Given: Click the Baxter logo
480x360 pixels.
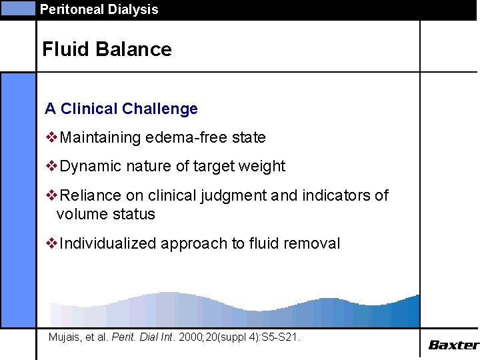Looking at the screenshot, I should point(453,345).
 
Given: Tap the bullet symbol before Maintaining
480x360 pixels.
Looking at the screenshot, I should point(51,137).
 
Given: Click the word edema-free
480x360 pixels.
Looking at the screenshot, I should point(195,138).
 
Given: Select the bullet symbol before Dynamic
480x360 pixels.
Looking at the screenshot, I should point(51,166).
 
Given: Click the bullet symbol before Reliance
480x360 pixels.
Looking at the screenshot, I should point(51,195).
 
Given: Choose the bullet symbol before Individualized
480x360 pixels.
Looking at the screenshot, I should point(51,243).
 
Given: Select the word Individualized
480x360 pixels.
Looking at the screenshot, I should point(108,244).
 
